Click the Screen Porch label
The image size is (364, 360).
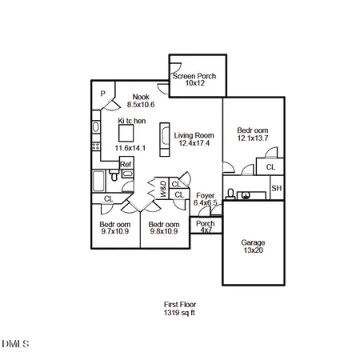pos(195,76)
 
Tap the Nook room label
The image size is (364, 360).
pos(141,97)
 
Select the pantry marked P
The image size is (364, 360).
pos(103,94)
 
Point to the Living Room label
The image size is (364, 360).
pos(193,136)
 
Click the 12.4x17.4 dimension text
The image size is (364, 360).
pos(193,144)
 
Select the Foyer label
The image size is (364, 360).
pos(206,194)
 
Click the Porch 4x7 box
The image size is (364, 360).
pos(206,227)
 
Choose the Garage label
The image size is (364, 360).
pos(253,242)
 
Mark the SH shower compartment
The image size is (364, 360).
pos(276,189)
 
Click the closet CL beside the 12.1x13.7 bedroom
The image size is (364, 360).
pos(270,167)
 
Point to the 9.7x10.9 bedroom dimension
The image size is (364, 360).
pos(114,233)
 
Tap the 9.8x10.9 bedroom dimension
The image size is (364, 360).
pos(163,233)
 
